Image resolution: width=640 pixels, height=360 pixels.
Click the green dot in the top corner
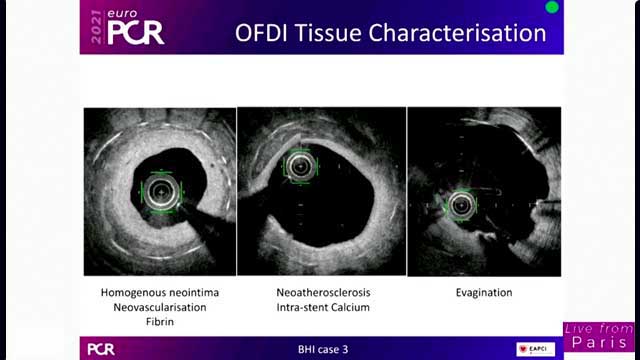coord(551,8)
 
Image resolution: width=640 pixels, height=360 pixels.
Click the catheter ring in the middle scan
coord(298,167)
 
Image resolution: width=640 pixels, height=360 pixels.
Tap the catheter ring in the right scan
coord(461,205)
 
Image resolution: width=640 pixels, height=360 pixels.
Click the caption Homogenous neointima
coord(159,292)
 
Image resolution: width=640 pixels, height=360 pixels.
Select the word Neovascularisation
coord(159,307)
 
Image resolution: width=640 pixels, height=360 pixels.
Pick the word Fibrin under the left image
coord(159,322)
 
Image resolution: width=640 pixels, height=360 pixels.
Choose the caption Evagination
coord(483,292)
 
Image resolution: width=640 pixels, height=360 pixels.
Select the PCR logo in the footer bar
coord(101,349)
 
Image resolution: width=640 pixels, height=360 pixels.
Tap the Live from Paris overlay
coord(598,336)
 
